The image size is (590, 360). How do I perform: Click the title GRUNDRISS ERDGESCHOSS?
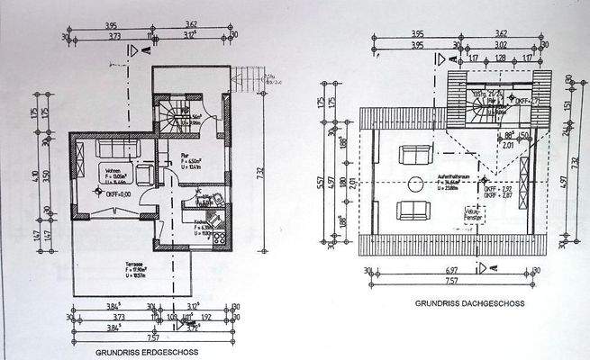(148, 352)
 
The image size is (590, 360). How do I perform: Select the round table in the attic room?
(416, 184)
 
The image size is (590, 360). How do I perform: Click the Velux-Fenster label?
(488, 217)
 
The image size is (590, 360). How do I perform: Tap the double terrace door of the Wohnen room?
(109, 211)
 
